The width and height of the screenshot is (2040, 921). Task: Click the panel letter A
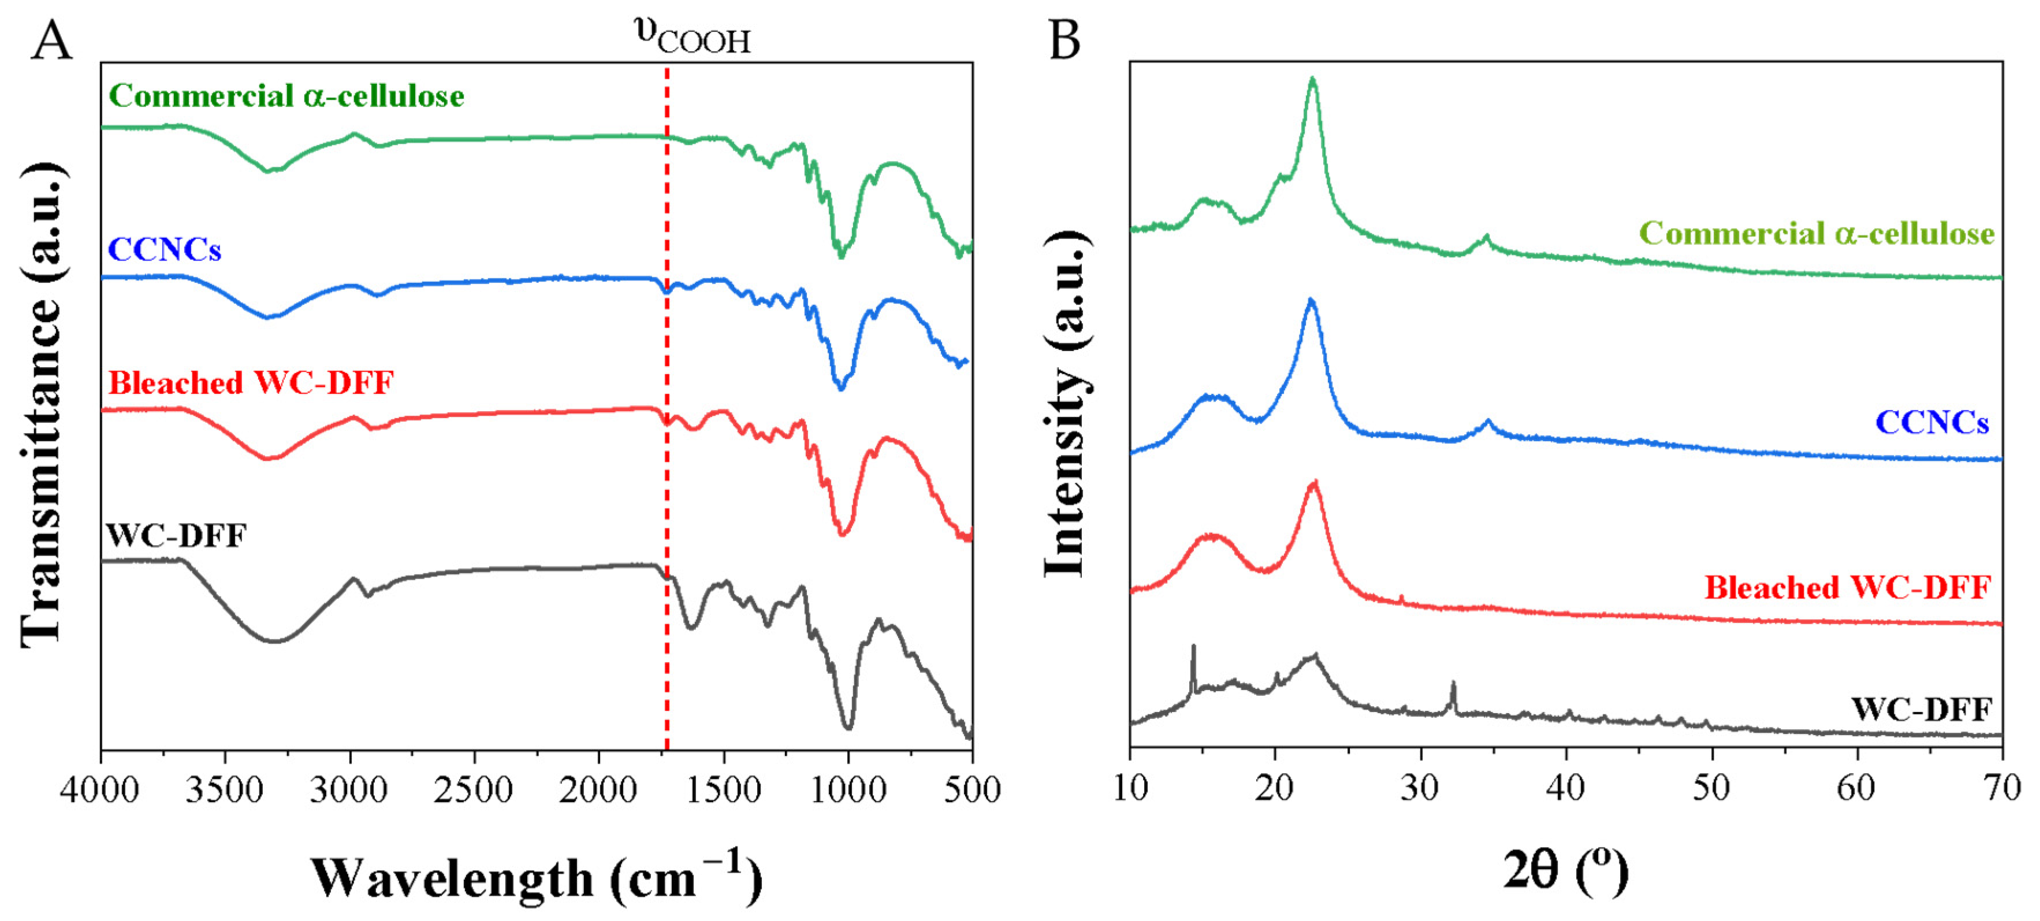click(51, 41)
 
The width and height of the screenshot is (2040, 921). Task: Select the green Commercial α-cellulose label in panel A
click(286, 96)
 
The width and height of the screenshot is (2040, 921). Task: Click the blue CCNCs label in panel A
click(164, 249)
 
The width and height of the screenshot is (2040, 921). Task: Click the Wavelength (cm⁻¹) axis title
click(536, 878)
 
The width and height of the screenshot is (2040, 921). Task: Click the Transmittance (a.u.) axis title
click(41, 405)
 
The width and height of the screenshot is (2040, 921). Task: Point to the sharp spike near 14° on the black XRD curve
click(1193, 650)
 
